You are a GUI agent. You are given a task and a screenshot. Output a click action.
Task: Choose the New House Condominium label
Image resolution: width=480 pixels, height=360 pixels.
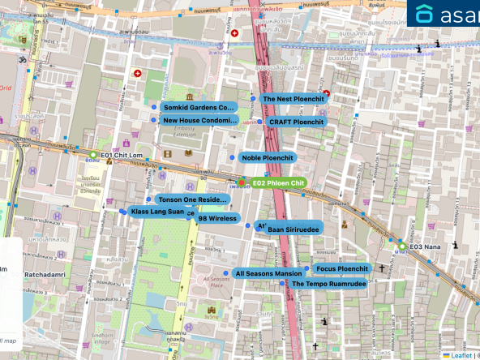(199, 121)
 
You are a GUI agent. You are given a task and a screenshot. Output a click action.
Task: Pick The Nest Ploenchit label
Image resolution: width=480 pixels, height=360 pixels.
(293, 99)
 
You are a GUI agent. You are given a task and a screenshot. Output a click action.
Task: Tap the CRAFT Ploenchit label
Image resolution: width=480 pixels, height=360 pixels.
(295, 122)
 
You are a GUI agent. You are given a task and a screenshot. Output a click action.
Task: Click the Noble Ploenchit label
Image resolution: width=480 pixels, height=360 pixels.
(268, 157)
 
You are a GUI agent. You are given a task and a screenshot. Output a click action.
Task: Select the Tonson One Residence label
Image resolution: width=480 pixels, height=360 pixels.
(192, 199)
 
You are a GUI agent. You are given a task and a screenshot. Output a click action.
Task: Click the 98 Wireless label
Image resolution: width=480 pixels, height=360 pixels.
(217, 218)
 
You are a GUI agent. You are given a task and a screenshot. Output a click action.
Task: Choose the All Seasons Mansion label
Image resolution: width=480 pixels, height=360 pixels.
(268, 274)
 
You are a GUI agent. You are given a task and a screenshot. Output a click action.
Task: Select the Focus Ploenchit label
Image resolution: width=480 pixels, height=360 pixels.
(341, 268)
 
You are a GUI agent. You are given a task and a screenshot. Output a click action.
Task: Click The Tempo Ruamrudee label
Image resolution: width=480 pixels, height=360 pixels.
(328, 284)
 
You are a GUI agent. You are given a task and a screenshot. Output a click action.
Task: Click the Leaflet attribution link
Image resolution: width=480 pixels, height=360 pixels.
(462, 355)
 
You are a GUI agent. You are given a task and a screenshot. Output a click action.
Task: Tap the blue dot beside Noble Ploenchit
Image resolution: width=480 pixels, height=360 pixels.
(233, 156)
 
